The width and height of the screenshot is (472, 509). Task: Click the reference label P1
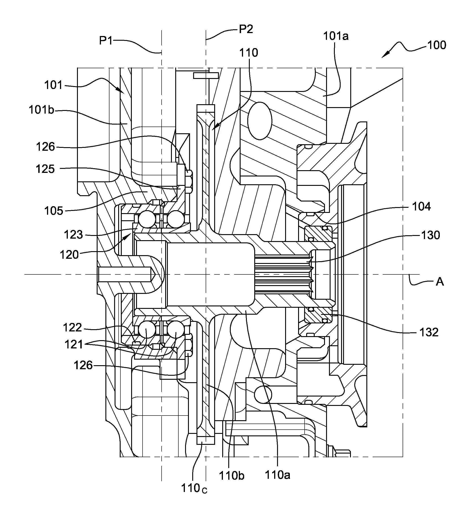pyautogui.click(x=106, y=40)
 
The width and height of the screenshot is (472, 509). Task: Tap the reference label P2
pyautogui.click(x=246, y=29)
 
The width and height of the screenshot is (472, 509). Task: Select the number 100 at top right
pyautogui.click(x=436, y=45)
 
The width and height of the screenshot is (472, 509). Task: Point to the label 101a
pyautogui.click(x=336, y=36)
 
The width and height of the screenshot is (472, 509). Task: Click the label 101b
pyautogui.click(x=41, y=110)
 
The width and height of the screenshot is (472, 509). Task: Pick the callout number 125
pyautogui.click(x=45, y=169)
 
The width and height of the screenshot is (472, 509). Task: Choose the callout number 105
pyautogui.click(x=53, y=211)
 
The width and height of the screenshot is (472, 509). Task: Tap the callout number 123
pyautogui.click(x=73, y=235)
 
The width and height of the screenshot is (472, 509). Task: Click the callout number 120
pyautogui.click(x=69, y=255)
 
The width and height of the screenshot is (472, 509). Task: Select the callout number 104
pyautogui.click(x=421, y=206)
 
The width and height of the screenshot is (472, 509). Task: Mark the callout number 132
pyautogui.click(x=429, y=332)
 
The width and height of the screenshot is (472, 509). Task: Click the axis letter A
pyautogui.click(x=440, y=282)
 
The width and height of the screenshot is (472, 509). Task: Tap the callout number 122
pyautogui.click(x=72, y=327)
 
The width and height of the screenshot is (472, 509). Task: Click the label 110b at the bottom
pyautogui.click(x=231, y=475)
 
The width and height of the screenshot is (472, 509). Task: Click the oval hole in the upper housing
pyautogui.click(x=259, y=121)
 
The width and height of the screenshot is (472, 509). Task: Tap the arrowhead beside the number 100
pyautogui.click(x=385, y=55)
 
